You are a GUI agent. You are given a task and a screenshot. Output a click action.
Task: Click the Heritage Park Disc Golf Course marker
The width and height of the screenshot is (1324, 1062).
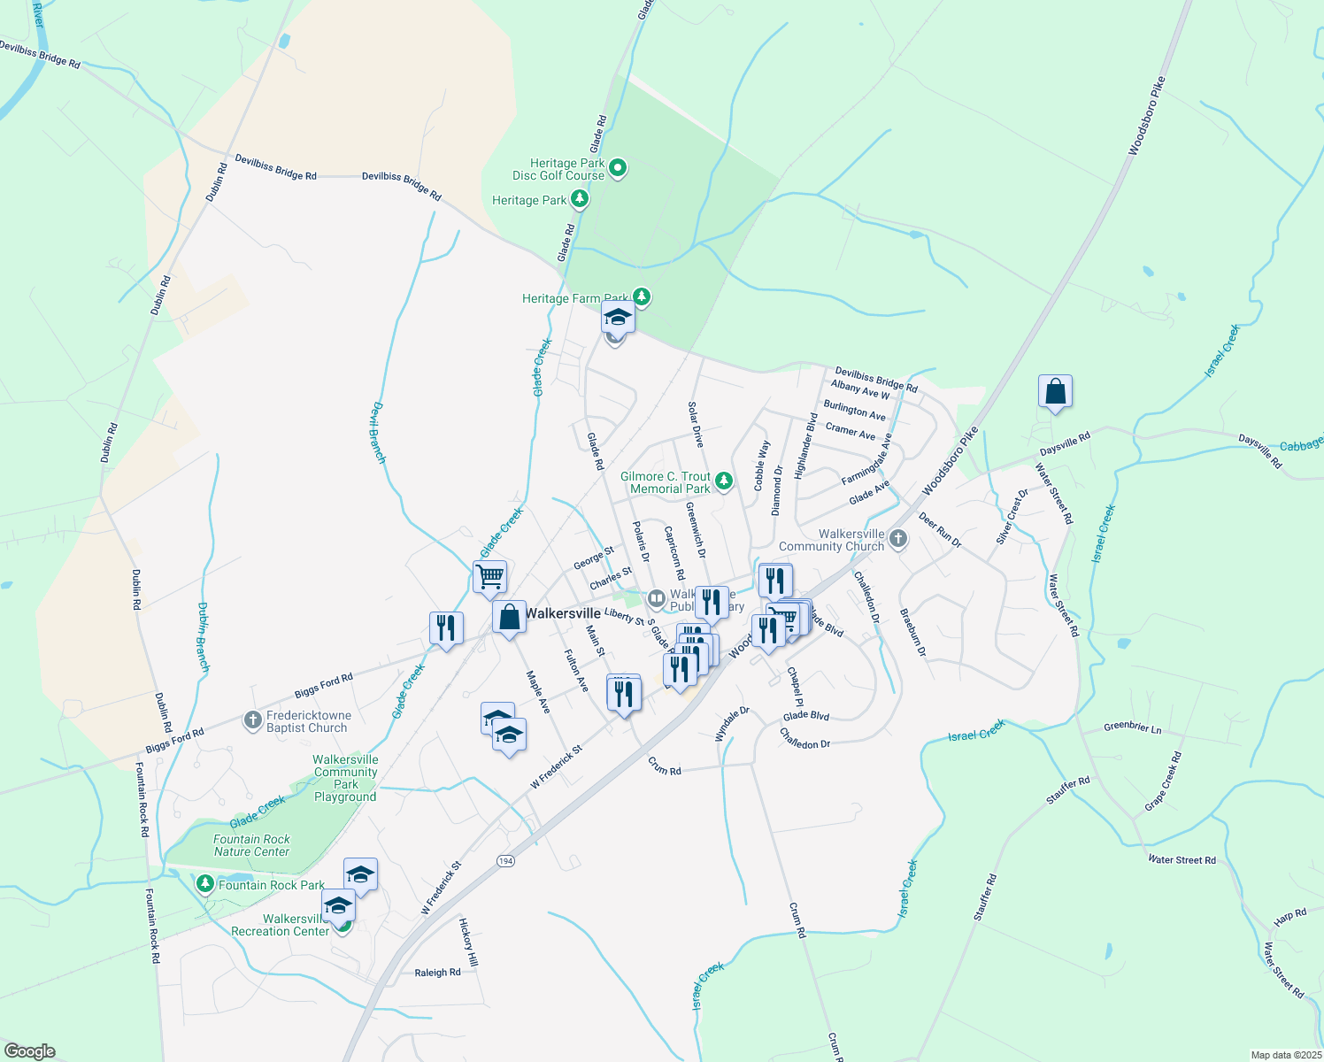pos(618,167)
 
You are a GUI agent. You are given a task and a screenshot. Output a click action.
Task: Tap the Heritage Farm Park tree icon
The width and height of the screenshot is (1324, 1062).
pos(642,297)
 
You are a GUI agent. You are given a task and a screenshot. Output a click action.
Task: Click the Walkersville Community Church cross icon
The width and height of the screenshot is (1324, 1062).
pos(898,539)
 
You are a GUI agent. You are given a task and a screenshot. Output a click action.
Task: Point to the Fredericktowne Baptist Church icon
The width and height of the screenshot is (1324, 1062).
pos(253,720)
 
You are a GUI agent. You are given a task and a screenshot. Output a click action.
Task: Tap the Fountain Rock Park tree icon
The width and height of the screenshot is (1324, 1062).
pos(205,884)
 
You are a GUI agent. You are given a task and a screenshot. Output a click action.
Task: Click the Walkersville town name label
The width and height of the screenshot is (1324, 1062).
pos(563,613)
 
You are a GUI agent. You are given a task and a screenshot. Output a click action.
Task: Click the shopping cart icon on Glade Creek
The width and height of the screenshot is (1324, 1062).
pos(489,577)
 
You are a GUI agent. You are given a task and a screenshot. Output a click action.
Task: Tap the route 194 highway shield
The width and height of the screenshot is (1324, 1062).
pos(505,861)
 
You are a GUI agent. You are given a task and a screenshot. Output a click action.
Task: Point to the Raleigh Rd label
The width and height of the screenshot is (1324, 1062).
pos(437,973)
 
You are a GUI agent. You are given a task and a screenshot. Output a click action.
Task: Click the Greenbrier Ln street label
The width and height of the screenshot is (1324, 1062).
pos(1133,727)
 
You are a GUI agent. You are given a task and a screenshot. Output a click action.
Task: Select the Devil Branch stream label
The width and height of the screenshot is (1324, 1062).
pos(378,433)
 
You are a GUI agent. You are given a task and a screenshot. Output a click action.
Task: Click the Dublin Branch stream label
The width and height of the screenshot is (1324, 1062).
pos(203,637)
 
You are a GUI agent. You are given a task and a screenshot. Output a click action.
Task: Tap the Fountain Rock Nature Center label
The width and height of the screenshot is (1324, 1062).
pos(251,845)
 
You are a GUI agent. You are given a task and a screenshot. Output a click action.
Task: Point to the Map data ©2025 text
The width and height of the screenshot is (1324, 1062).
pos(1285,1055)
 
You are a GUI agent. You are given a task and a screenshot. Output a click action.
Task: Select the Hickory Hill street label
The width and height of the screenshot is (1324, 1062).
pos(468,942)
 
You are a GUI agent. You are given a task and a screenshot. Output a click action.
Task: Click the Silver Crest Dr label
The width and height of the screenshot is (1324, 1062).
pos(1012,516)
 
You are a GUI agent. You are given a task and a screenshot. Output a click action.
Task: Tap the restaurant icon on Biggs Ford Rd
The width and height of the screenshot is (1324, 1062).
pos(445,628)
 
